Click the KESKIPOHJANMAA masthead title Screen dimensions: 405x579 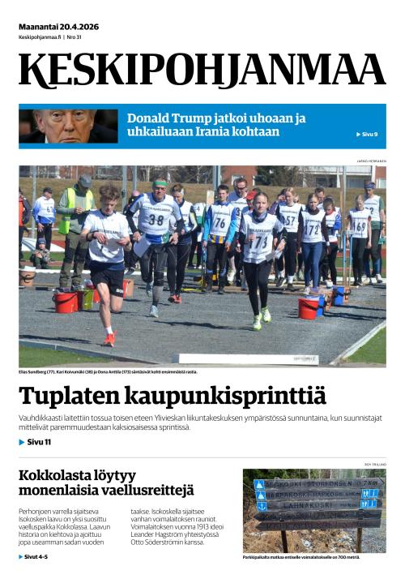click(202, 71)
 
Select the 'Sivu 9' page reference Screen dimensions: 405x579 click(367, 134)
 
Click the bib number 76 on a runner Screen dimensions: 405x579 click(220, 223)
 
